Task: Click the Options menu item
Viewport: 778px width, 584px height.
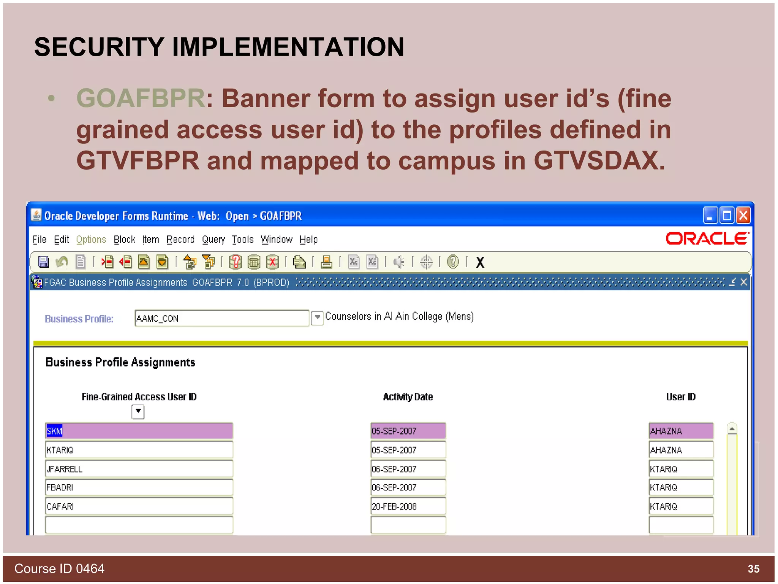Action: [91, 240]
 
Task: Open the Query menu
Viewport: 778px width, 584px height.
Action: [213, 240]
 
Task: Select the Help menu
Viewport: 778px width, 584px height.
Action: [308, 240]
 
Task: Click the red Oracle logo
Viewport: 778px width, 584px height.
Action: [707, 239]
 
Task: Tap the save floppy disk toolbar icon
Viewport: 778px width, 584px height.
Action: [43, 262]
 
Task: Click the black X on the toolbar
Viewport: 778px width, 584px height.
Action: [480, 262]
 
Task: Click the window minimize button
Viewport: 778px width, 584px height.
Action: [710, 216]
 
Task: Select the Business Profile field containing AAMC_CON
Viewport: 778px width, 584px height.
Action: [221, 318]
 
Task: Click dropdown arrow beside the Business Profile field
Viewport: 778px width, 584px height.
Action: [317, 317]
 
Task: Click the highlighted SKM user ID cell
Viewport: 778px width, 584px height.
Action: [139, 431]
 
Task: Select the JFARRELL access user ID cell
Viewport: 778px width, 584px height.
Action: [139, 469]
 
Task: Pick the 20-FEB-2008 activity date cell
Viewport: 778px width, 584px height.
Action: [408, 506]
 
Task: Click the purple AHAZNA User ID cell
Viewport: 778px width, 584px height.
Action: [680, 431]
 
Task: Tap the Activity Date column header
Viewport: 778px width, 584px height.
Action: [408, 397]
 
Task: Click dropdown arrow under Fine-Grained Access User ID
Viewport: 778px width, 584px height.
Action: [138, 411]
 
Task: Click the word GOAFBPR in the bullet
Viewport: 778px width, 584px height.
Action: [141, 98]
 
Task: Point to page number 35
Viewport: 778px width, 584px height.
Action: [753, 569]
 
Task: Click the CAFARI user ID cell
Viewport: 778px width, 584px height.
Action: [139, 506]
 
